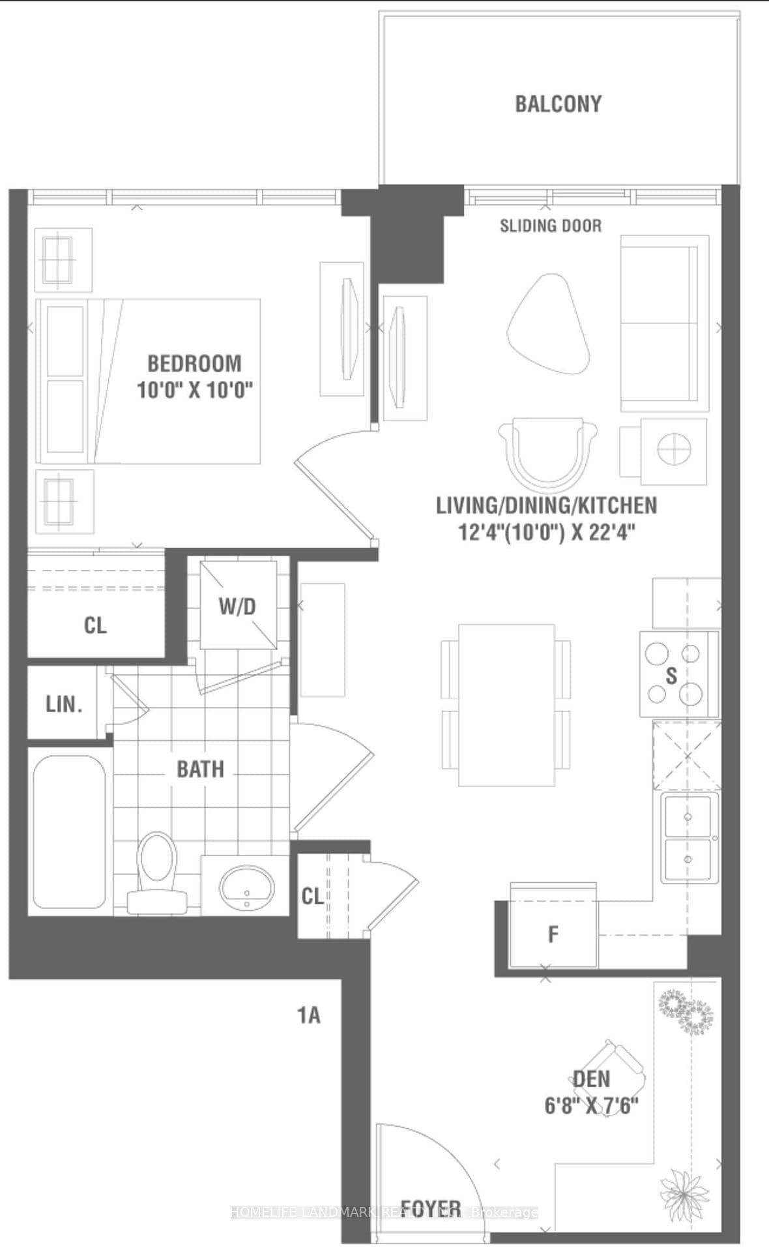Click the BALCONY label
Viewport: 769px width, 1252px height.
pyautogui.click(x=558, y=104)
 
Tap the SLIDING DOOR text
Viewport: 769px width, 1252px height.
pyautogui.click(x=551, y=226)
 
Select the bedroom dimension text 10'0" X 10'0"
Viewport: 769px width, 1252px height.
pyautogui.click(x=194, y=390)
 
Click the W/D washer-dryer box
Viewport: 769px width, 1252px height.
pyautogui.click(x=238, y=605)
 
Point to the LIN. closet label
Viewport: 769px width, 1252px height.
pyautogui.click(x=64, y=704)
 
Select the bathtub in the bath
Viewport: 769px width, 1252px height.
pyautogui.click(x=69, y=831)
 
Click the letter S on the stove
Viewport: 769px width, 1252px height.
pyautogui.click(x=671, y=676)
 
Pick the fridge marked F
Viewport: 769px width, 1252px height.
pyautogui.click(x=553, y=934)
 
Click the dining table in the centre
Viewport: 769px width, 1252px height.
pyautogui.click(x=506, y=704)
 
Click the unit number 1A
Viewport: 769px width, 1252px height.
pyautogui.click(x=309, y=1015)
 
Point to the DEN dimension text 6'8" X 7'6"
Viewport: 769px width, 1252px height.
pyautogui.click(x=591, y=1106)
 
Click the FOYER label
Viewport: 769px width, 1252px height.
pyautogui.click(x=430, y=1208)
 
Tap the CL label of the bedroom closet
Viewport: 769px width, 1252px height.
pyautogui.click(x=95, y=626)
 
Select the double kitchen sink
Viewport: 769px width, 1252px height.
pyautogui.click(x=689, y=838)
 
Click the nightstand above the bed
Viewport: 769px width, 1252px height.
pyautogui.click(x=63, y=260)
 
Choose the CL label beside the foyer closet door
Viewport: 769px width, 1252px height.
pyautogui.click(x=312, y=897)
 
